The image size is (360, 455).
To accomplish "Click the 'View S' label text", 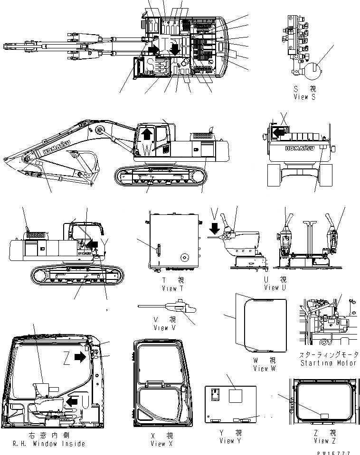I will coord(304,97).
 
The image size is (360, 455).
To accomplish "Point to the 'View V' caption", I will coord(161,328).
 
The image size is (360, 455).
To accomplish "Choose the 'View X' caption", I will coord(158,444).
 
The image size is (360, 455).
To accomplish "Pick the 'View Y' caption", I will coord(227,441).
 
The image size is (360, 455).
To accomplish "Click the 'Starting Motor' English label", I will coord(328,363).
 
